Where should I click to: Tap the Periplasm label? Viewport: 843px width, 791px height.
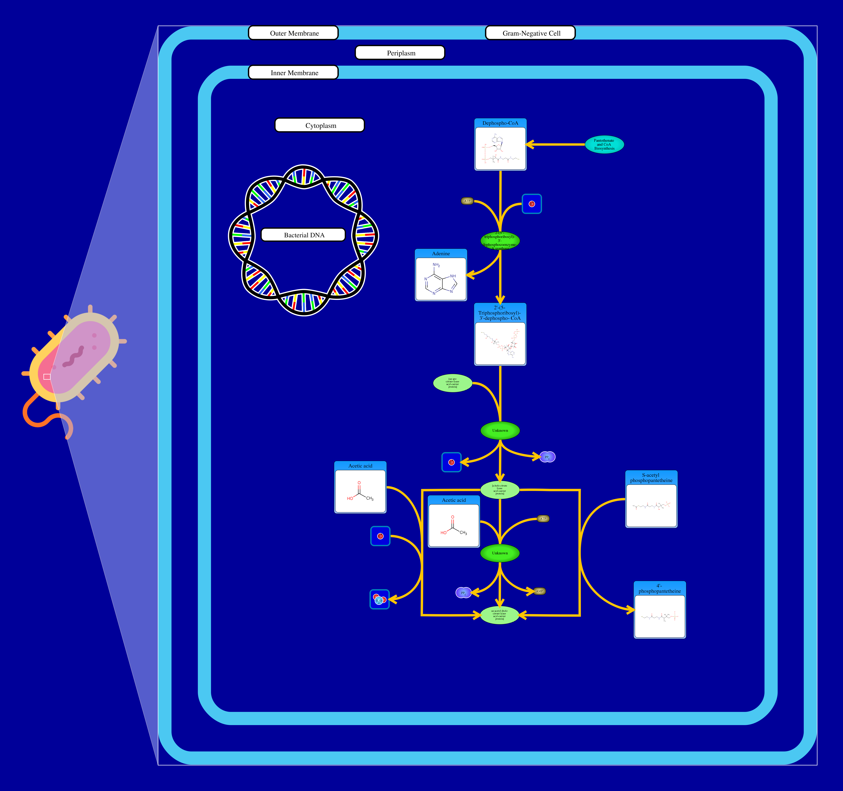[400, 53]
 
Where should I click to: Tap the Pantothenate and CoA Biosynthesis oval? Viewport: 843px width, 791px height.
[604, 144]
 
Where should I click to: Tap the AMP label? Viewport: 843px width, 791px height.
[539, 591]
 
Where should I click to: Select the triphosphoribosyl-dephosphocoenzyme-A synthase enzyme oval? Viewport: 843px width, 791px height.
[500, 241]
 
